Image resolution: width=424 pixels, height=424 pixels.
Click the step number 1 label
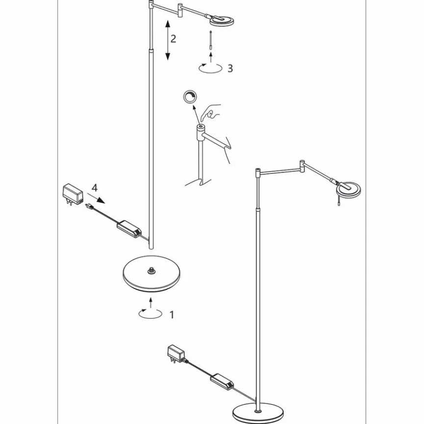click(171, 315)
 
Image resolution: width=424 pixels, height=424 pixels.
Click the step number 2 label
click(173, 38)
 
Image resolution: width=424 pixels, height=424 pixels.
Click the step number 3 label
click(230, 69)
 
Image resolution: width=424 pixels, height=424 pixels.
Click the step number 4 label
click(95, 188)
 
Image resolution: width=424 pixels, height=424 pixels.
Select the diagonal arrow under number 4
click(98, 198)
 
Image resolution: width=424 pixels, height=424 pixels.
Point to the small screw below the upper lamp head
click(211, 39)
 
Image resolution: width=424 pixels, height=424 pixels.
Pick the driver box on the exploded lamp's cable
click(128, 226)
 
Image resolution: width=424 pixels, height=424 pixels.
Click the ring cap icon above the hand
click(189, 97)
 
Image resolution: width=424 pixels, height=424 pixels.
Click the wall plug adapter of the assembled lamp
click(175, 353)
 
